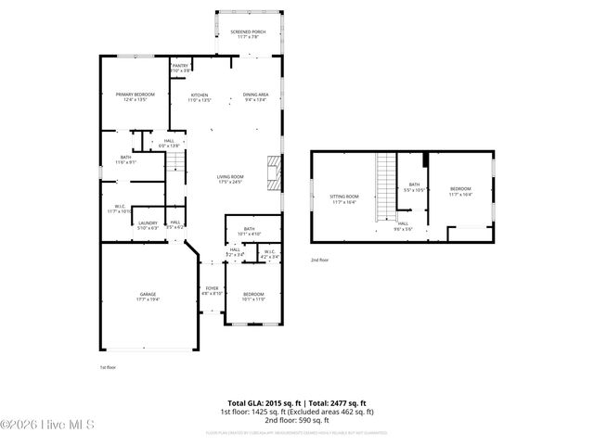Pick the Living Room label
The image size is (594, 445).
tap(230, 179)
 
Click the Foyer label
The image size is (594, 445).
tap(212, 290)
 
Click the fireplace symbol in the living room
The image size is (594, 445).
tap(272, 172)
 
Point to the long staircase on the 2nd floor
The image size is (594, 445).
tap(385, 185)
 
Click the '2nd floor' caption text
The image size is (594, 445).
tap(319, 261)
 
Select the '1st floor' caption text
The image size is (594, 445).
tap(109, 368)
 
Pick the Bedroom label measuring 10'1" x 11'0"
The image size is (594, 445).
tap(253, 297)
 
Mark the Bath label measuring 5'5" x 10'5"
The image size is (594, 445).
tap(414, 187)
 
